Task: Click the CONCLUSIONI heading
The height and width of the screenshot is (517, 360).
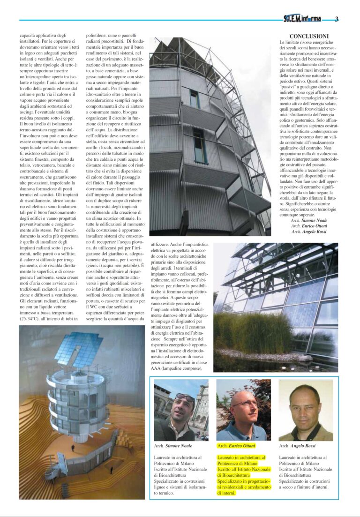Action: [x=309, y=36]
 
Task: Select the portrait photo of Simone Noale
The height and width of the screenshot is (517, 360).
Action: [x=181, y=410]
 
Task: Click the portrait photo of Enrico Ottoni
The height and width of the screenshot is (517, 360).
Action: [x=243, y=410]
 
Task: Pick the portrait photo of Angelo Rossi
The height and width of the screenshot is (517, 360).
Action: [x=306, y=410]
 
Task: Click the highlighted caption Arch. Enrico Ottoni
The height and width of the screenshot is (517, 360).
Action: [x=236, y=446]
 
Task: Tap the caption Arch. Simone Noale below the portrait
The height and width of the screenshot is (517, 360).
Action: [x=173, y=446]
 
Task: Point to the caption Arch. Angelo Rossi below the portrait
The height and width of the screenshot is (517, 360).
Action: [x=298, y=446]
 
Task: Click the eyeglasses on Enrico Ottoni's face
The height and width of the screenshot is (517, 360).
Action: [x=244, y=403]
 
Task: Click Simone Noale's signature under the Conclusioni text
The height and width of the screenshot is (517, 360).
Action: [x=309, y=220]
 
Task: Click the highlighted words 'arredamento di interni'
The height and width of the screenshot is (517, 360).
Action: [x=243, y=490]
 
